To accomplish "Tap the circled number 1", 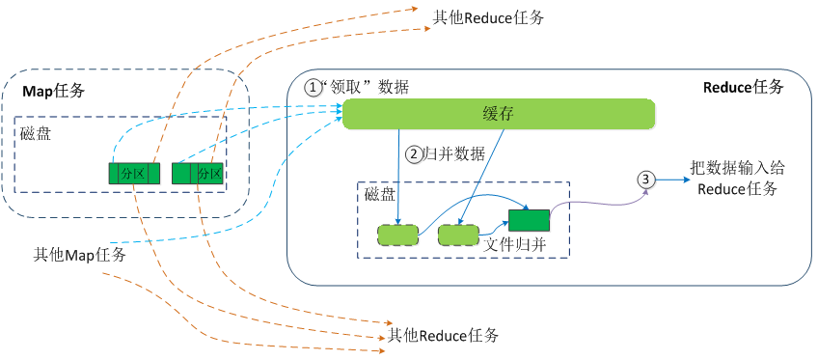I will pyautogui.click(x=314, y=87).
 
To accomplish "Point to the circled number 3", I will pyautogui.click(x=646, y=180).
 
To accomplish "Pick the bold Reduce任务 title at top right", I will pyautogui.click(x=743, y=87).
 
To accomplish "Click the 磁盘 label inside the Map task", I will pyautogui.click(x=36, y=133).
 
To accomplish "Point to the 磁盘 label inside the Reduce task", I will pyautogui.click(x=379, y=193).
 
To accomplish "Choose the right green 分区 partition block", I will pyautogui.click(x=197, y=174).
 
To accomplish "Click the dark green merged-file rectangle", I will pyautogui.click(x=529, y=219).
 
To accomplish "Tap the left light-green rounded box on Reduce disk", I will pyautogui.click(x=397, y=235).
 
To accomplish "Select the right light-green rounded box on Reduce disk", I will pyautogui.click(x=458, y=235).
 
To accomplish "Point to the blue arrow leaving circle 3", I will pyautogui.click(x=670, y=180).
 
